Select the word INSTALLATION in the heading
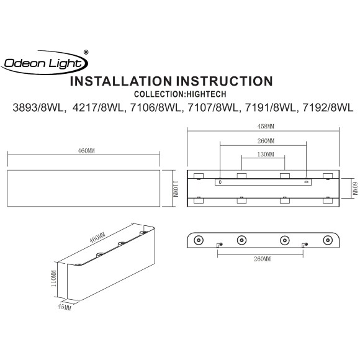[115, 81]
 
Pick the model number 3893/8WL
[38, 108]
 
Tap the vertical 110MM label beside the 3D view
[54, 280]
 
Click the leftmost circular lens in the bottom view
[198, 240]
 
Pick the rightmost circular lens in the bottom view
[327, 240]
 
